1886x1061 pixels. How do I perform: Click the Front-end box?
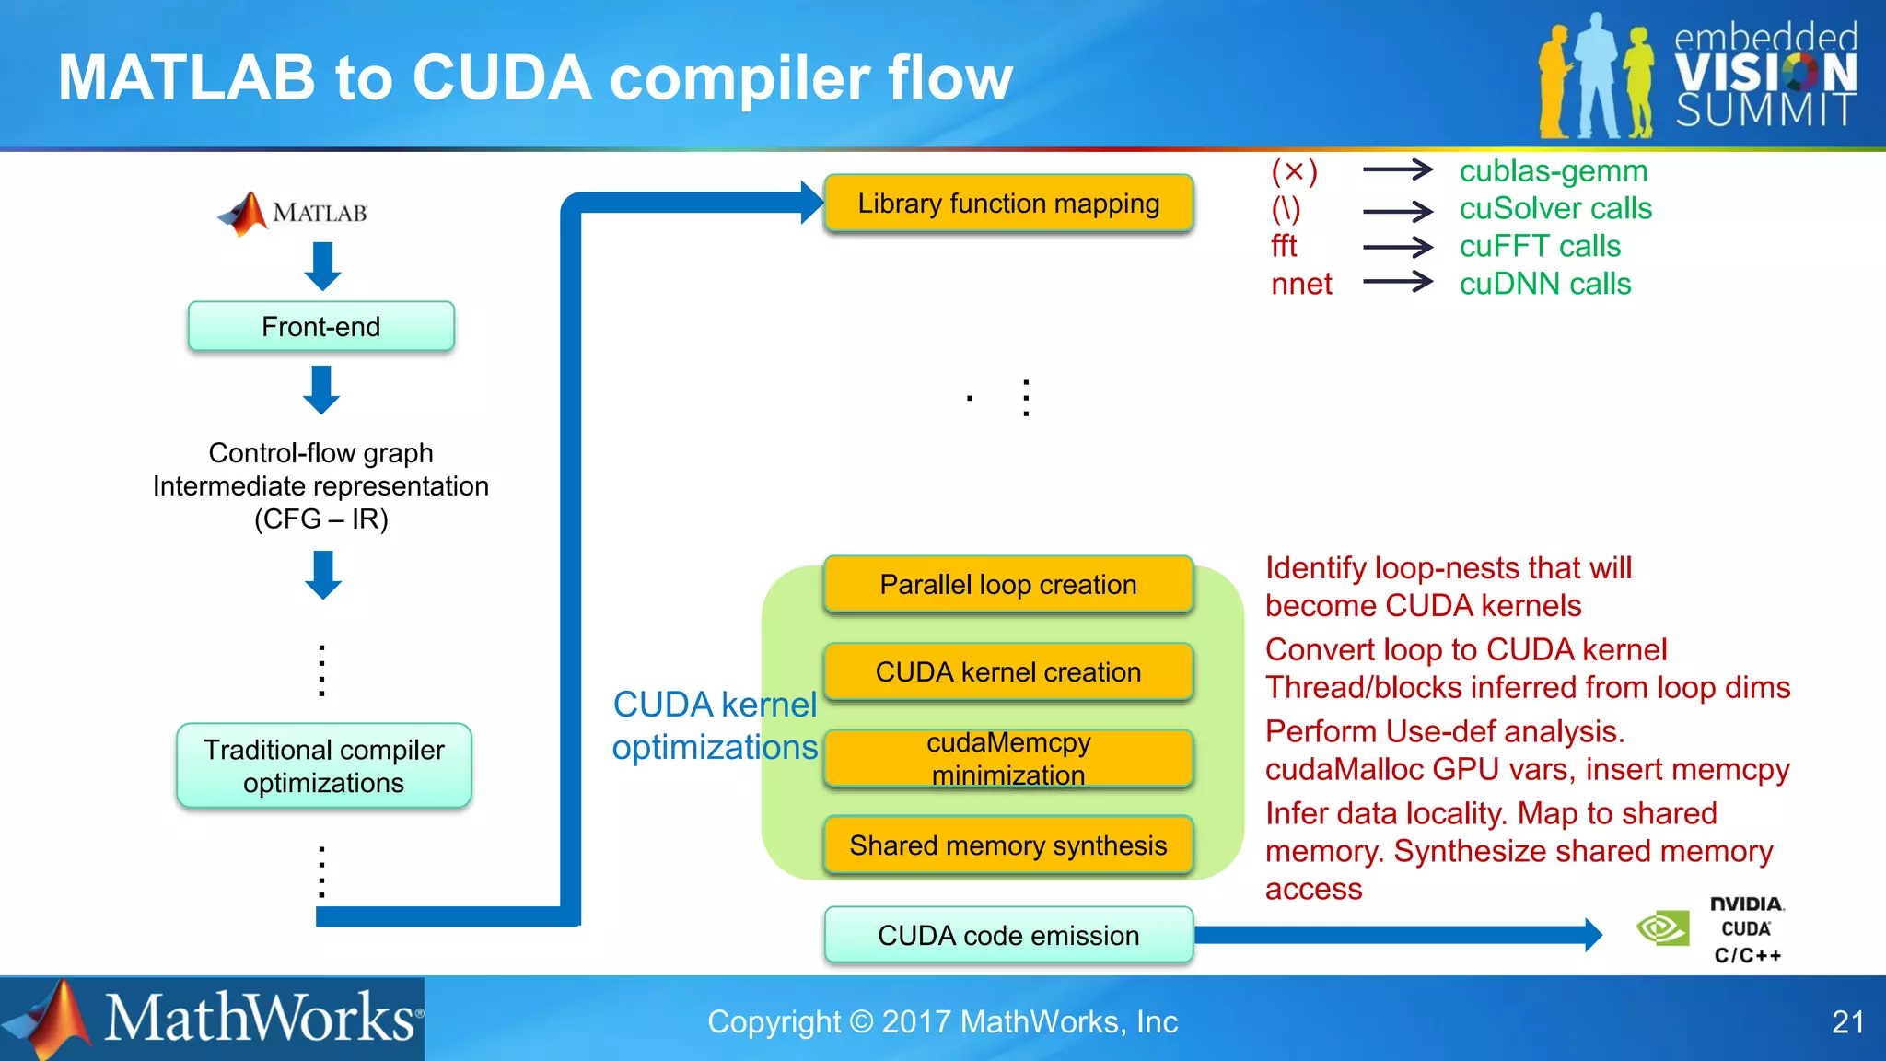pos(320,326)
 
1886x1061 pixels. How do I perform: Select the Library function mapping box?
pos(1008,203)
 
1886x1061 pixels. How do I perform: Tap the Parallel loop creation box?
pos(1008,584)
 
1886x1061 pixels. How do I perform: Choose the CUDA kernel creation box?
pos(1008,671)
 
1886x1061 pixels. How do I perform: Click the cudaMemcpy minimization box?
pos(1008,758)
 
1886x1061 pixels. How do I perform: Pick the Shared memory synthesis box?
pos(1008,845)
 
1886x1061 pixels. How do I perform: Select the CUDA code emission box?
pos(1008,935)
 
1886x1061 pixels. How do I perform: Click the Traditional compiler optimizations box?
pos(323,765)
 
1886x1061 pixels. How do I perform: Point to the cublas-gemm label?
pos(1553,170)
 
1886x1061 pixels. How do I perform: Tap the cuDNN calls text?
pos(1544,284)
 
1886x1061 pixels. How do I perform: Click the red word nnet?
pos(1300,284)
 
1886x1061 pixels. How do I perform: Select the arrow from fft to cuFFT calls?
pos(1397,246)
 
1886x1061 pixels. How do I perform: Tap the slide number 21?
pos(1847,1021)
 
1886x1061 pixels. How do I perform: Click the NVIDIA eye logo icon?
pos(1662,927)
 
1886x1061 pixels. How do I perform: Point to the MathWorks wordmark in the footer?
pos(260,1019)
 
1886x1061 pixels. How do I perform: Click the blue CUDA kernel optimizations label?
pos(715,725)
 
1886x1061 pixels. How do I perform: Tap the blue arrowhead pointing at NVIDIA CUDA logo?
pos(1593,935)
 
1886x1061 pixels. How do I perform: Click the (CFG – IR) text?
pos(320,519)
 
